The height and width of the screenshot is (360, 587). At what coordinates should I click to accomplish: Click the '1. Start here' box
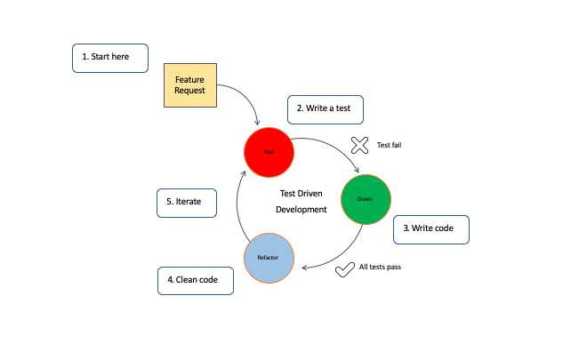109,57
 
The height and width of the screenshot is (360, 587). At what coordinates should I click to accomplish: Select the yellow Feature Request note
189,85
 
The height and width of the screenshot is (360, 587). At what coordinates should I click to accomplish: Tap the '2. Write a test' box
325,108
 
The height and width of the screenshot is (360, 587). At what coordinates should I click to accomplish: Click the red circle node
269,152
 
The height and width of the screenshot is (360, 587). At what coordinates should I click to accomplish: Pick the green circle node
366,199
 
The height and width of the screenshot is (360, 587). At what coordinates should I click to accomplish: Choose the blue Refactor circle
268,257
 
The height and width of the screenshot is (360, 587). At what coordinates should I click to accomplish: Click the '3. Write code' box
430,228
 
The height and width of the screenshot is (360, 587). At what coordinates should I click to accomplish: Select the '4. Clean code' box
195,281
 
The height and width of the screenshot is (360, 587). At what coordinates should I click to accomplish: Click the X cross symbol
359,145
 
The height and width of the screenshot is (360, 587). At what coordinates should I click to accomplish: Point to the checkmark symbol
345,268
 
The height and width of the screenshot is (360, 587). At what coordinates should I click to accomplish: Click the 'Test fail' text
389,145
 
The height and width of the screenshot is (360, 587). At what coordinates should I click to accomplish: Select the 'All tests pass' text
380,267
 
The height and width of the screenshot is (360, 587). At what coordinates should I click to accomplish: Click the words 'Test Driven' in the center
302,193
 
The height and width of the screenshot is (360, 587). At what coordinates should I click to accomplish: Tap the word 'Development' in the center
302,211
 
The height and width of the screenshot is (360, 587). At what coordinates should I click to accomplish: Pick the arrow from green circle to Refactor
342,252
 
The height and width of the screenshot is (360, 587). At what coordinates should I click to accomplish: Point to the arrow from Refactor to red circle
237,204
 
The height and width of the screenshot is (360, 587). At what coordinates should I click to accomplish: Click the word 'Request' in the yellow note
189,92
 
